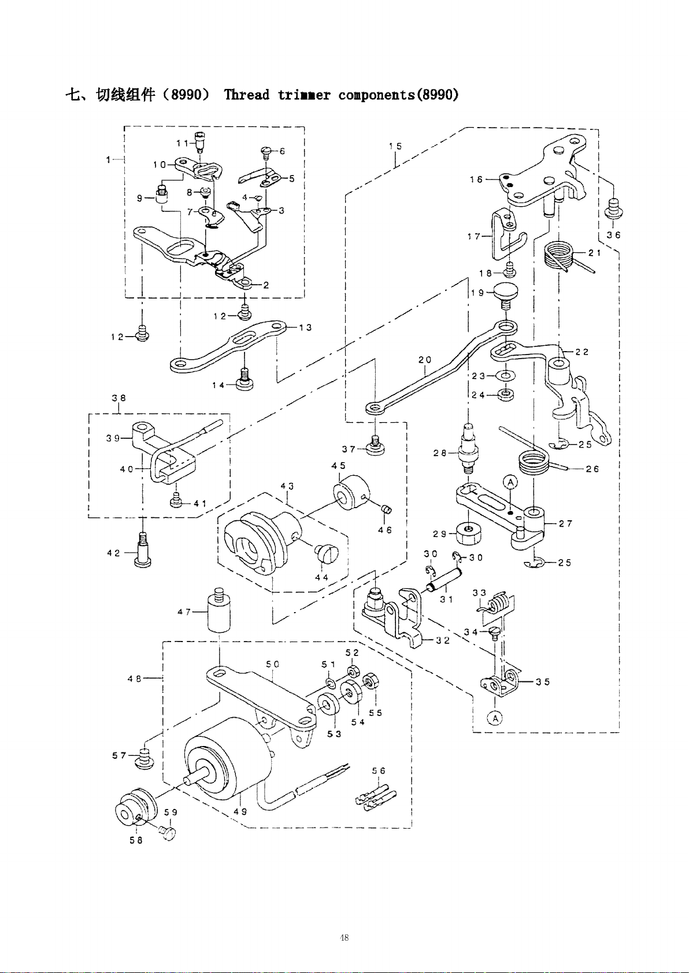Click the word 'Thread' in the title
(x=246, y=95)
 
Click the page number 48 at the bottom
(x=344, y=938)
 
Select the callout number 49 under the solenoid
(x=240, y=811)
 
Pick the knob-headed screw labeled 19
(x=505, y=294)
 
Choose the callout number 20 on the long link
(x=425, y=360)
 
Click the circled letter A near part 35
(x=494, y=718)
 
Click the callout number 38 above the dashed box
(x=119, y=398)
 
